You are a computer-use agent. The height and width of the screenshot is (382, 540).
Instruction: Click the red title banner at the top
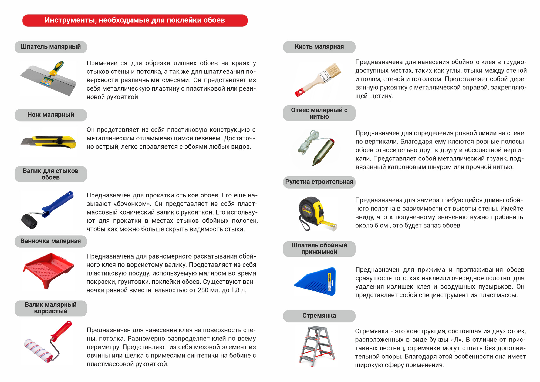[x=135, y=21]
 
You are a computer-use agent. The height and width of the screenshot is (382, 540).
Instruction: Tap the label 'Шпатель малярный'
[x=51, y=47]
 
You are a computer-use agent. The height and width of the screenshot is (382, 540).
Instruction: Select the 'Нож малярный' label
[x=51, y=115]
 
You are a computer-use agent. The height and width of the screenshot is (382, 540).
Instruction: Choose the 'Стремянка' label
[x=319, y=316]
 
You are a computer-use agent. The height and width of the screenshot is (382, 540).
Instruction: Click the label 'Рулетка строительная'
[x=319, y=182]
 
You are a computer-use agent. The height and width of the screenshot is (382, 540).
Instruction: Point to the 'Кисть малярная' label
[x=319, y=47]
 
